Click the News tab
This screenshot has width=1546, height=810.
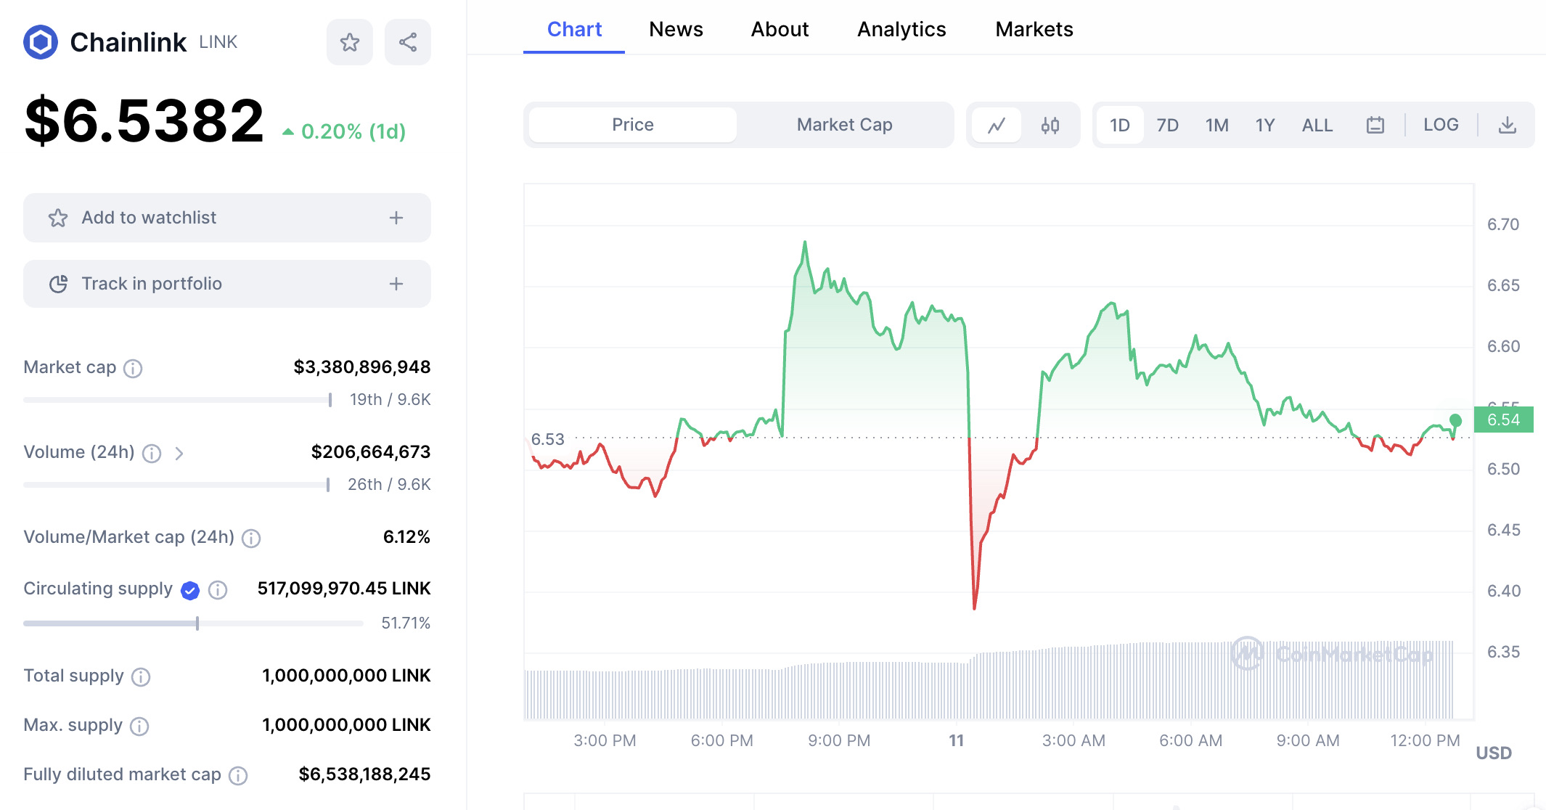pyautogui.click(x=676, y=30)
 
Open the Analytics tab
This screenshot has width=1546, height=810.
pyautogui.click(x=901, y=30)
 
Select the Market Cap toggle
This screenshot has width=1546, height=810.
pyautogui.click(x=844, y=125)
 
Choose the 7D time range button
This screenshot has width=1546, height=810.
pyautogui.click(x=1167, y=126)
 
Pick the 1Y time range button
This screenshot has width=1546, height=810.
pyautogui.click(x=1265, y=126)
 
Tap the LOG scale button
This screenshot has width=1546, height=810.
pyautogui.click(x=1440, y=125)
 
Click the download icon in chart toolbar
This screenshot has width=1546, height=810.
pyautogui.click(x=1508, y=125)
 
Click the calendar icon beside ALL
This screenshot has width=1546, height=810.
pyautogui.click(x=1375, y=126)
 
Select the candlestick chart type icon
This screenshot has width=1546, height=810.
pyautogui.click(x=1050, y=126)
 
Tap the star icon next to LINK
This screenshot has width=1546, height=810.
pyautogui.click(x=350, y=42)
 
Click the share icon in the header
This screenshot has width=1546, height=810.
pyautogui.click(x=408, y=42)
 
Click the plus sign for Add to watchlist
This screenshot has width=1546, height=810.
pyautogui.click(x=396, y=218)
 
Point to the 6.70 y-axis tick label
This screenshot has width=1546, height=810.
pyautogui.click(x=1502, y=224)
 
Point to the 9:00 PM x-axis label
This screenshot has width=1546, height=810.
pyautogui.click(x=838, y=740)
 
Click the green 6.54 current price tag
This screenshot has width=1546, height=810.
pyautogui.click(x=1503, y=420)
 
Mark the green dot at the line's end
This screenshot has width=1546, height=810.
pyautogui.click(x=1455, y=420)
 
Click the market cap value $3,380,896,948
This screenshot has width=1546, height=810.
pyautogui.click(x=361, y=367)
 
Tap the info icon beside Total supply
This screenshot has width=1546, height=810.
pyautogui.click(x=141, y=676)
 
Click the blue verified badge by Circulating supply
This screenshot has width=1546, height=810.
pyautogui.click(x=190, y=590)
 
